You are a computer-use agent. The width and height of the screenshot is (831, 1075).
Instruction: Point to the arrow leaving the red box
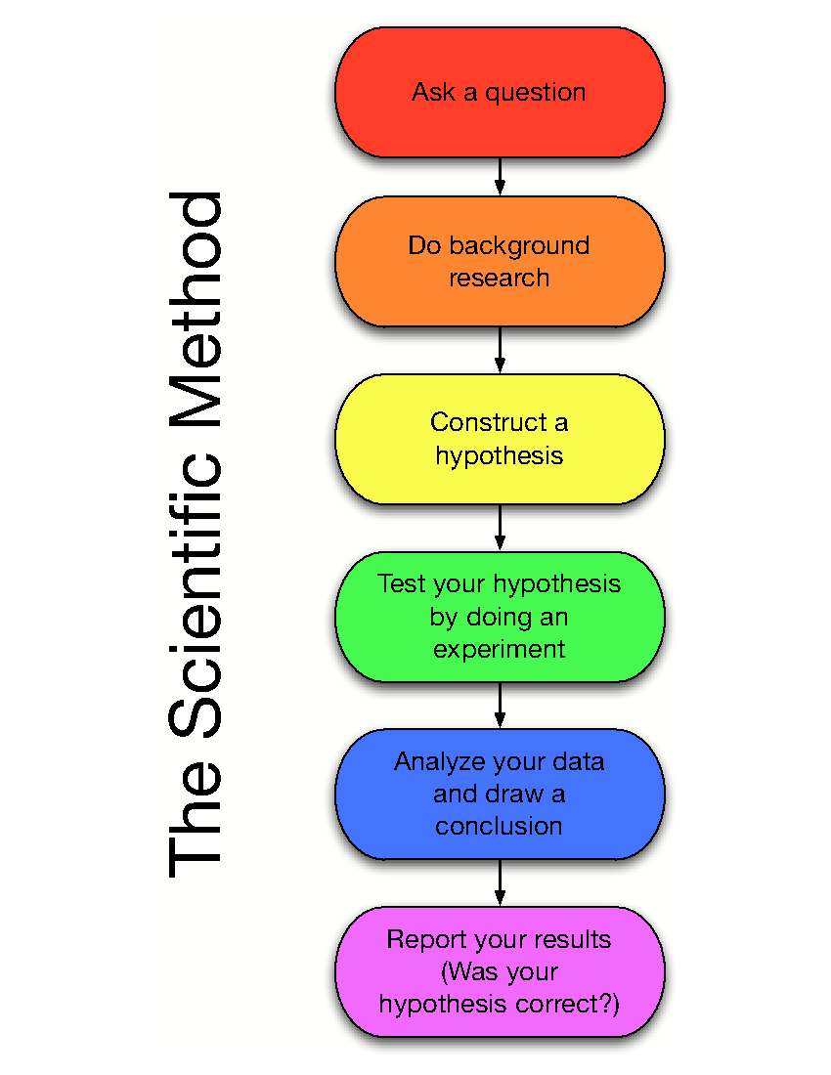500,177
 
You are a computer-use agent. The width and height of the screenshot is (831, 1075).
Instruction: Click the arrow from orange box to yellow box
500,350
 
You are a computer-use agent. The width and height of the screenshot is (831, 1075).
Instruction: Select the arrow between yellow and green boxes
500,528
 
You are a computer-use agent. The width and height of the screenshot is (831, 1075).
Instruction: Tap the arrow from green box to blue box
500,706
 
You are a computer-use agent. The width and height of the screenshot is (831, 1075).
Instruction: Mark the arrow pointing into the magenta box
500,883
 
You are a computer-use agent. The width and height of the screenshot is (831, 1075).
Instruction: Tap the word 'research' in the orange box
500,278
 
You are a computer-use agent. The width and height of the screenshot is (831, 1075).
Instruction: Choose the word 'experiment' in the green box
500,649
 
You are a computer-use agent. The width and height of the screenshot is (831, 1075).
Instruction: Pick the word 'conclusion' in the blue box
500,826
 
